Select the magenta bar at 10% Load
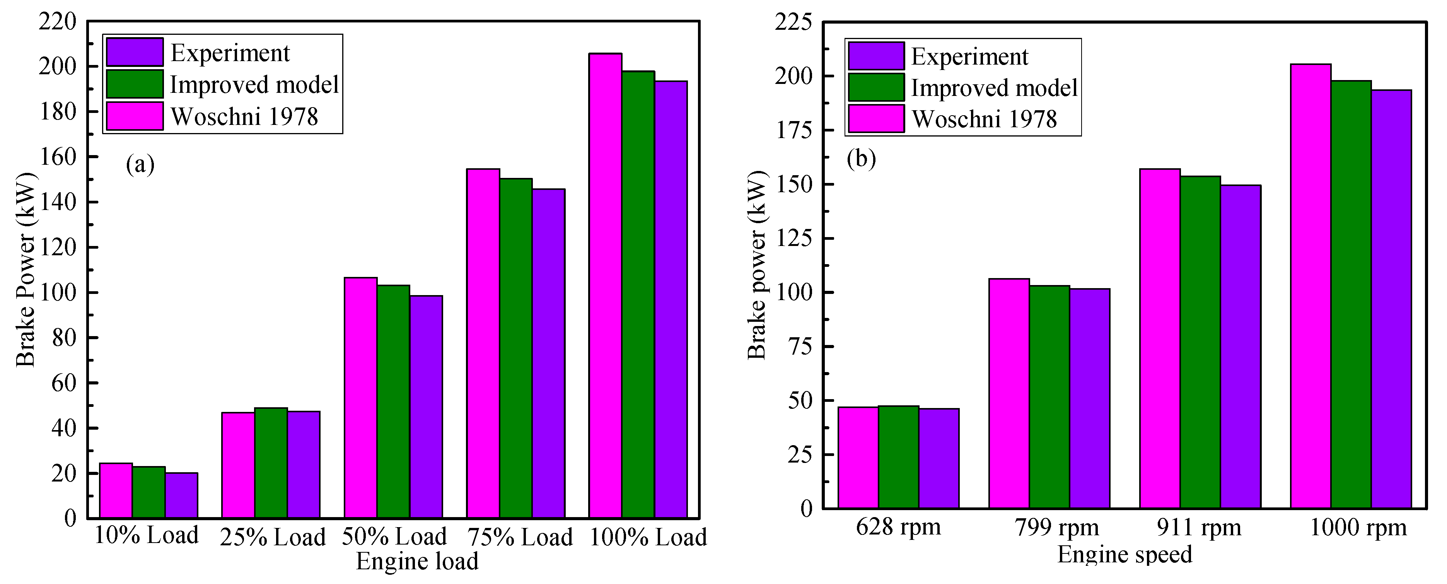(116, 490)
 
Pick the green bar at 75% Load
(516, 348)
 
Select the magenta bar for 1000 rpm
(1310, 286)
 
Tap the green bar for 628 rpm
(898, 457)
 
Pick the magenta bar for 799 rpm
(1009, 393)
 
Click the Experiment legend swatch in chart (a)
(135, 52)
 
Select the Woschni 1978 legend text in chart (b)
(984, 119)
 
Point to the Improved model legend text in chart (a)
(254, 85)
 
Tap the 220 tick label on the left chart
(57, 22)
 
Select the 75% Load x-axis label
(520, 537)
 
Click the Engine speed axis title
(1124, 555)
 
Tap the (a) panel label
(140, 165)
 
